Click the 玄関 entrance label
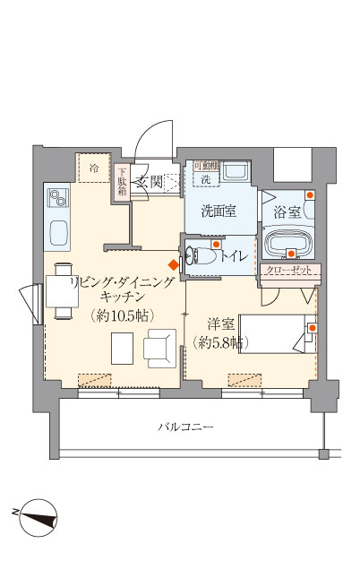coord(150,184)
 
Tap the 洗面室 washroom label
coord(218,212)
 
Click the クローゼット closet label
coord(288,270)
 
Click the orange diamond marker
coord(174,264)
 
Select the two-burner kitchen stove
coord(57,196)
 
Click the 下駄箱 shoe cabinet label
coord(123,182)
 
